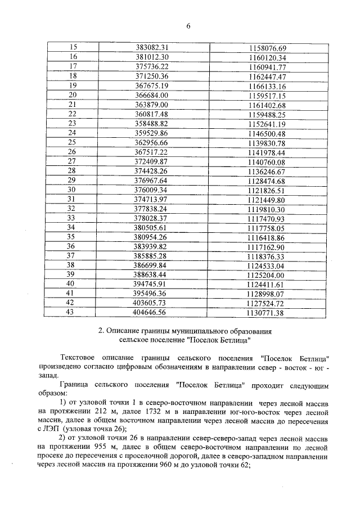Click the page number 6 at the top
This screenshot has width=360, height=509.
point(188,25)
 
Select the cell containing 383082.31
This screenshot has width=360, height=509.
point(152,48)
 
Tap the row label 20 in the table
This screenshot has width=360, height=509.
point(72,95)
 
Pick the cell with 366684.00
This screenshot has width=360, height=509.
point(152,95)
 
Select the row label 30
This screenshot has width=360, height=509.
point(72,190)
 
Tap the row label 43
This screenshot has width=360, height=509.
point(71,312)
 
